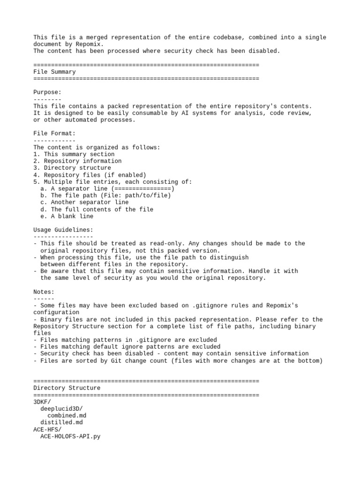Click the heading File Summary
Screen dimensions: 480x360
coord(54,72)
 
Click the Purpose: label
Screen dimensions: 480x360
coord(47,92)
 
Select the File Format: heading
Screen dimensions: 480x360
coord(54,134)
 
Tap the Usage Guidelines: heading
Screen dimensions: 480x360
coord(63,230)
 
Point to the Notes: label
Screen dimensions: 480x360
coord(44,292)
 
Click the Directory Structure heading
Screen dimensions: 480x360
coord(67,388)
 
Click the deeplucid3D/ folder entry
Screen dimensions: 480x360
coord(61,409)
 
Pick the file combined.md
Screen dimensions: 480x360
coord(67,415)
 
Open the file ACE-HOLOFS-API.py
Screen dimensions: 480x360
coord(70,436)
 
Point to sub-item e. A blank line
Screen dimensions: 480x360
coord(67,216)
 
